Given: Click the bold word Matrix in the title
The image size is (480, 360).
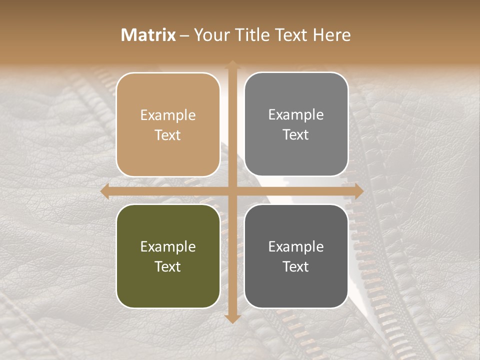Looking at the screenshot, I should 148,35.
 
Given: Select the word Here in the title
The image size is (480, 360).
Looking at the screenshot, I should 331,35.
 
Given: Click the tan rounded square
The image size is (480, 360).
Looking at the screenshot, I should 168,124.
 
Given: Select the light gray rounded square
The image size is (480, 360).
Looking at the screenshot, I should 296,124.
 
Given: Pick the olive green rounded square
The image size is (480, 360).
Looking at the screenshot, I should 168,256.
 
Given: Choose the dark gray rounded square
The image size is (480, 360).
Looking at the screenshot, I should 296,256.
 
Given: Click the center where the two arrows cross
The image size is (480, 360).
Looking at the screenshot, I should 232,191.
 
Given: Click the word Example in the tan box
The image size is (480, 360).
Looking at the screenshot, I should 168,115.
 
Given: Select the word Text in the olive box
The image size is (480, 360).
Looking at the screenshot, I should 168,266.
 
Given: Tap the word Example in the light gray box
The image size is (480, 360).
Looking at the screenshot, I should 296,114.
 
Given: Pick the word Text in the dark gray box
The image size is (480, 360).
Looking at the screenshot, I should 296,266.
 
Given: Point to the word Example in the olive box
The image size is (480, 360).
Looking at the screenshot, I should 168,246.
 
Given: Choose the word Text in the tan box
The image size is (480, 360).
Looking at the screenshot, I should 168,135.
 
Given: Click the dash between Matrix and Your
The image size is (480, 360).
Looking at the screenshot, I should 184,35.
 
